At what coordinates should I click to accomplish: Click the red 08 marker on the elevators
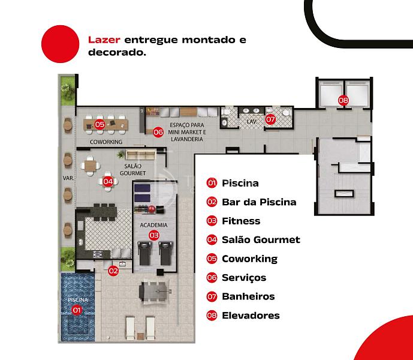pos(343,100)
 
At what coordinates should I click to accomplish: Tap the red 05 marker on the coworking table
pos(100,124)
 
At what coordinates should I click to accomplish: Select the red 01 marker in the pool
pos(77,310)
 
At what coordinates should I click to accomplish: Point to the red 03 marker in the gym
pos(154,235)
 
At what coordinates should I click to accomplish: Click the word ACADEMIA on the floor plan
pos(153,225)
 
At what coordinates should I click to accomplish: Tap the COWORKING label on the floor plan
pos(106,142)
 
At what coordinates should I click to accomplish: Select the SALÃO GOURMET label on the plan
pos(132,170)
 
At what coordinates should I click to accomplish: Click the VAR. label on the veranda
pos(68,178)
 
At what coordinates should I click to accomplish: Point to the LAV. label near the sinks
pos(252,122)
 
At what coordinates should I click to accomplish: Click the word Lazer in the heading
pos(104,40)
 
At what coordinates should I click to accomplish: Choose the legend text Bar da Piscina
pos(259,202)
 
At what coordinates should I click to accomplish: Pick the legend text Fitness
pos(241,221)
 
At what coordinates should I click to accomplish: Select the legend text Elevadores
pos(251,316)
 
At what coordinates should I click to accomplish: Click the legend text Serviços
pos(244,278)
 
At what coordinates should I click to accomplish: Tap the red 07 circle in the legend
pos(212,297)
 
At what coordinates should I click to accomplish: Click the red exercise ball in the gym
pos(152,209)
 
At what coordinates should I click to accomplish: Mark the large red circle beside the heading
pos(61,44)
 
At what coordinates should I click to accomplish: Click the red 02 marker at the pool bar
pos(113,271)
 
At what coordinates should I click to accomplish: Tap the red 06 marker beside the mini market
pos(158,132)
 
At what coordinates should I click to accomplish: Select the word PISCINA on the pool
pos(78,300)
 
